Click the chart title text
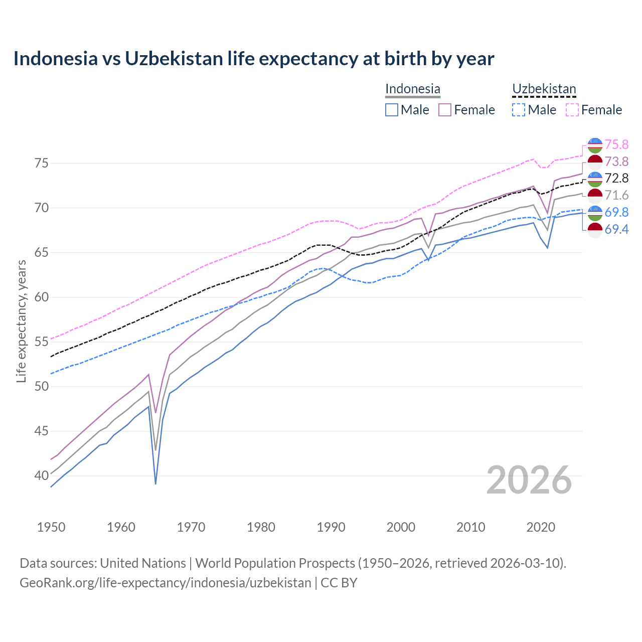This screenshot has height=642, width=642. (254, 59)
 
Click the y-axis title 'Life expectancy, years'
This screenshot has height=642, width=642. (21, 321)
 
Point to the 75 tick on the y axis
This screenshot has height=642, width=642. (42, 164)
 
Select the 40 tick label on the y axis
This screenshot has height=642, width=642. (42, 475)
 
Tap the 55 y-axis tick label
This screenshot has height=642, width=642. (42, 342)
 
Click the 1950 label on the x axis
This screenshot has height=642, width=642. (51, 527)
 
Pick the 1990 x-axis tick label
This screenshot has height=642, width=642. (331, 527)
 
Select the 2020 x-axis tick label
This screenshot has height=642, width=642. (541, 527)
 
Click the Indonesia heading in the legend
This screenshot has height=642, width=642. (412, 89)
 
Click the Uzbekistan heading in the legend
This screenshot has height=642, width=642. (544, 89)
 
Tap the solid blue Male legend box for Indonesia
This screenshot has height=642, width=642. (392, 110)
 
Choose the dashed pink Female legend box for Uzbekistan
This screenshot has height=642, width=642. (572, 110)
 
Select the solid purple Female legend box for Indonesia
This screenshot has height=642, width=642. (445, 110)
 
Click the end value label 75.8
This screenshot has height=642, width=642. (616, 145)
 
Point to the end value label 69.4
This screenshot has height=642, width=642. (616, 230)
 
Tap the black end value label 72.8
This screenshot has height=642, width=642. (616, 179)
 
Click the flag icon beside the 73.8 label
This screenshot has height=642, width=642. (595, 162)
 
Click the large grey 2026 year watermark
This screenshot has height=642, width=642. (529, 480)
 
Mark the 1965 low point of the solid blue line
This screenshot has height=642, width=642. (155, 484)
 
